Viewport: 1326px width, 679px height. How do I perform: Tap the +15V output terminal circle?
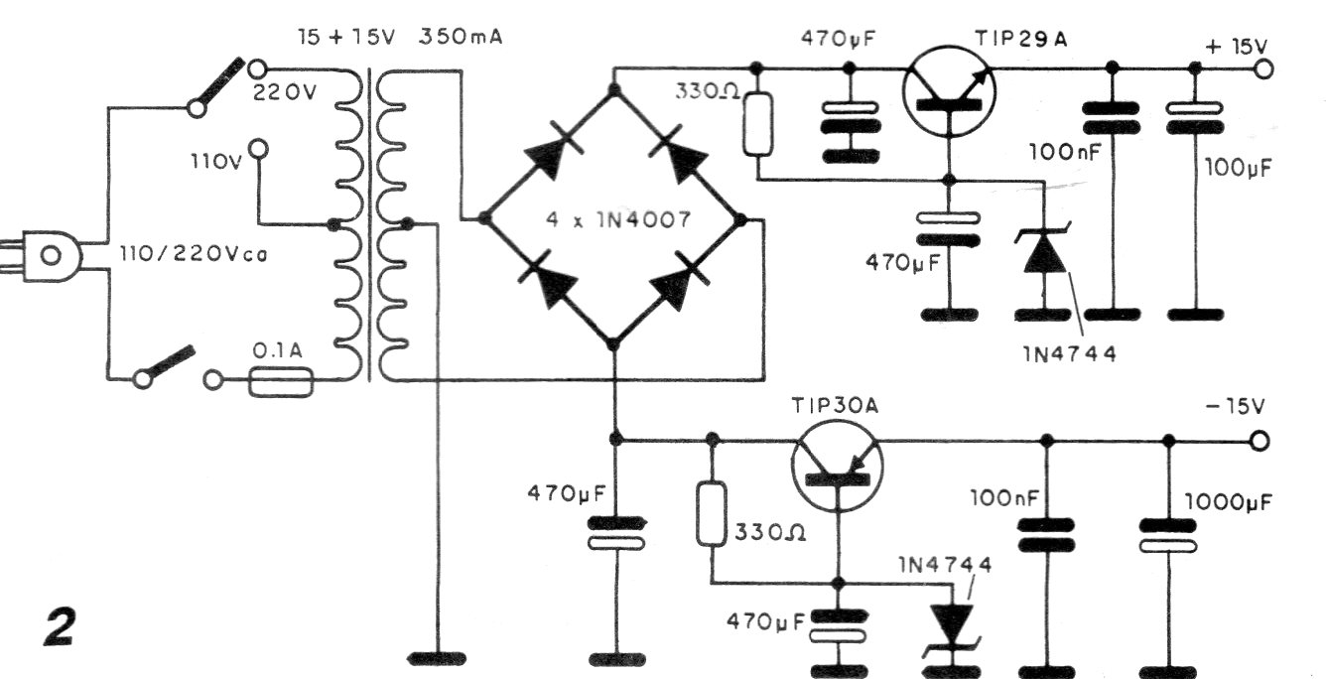pos(1263,68)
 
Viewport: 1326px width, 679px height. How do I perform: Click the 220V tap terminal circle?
pos(258,69)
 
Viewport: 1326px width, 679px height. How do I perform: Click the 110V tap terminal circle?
pos(258,149)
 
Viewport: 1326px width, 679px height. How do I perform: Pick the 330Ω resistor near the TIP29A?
pos(757,124)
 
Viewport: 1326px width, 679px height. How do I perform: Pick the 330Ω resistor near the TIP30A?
pos(711,514)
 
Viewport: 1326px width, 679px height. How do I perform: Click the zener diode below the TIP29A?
pos(1043,253)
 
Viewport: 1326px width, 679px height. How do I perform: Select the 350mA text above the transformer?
pos(463,39)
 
